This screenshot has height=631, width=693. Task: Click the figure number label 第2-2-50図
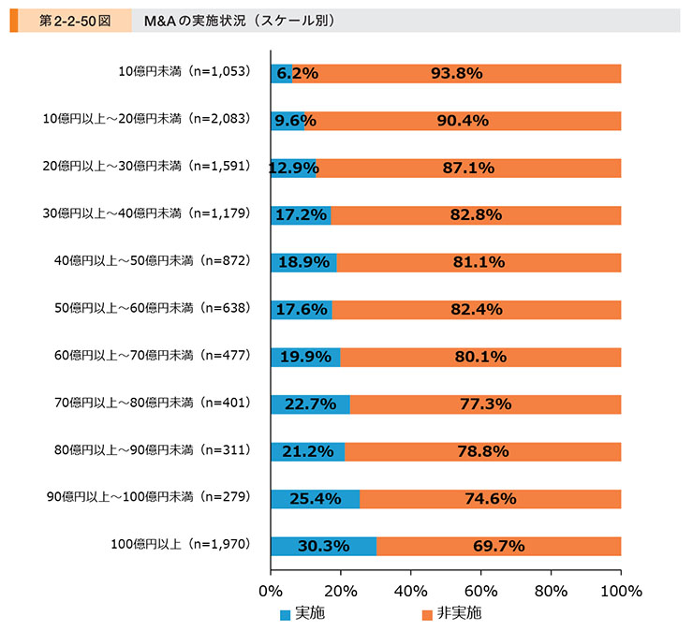[70, 20]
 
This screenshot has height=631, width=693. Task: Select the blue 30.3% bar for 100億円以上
[323, 546]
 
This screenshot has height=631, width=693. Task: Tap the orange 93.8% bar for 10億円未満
[457, 73]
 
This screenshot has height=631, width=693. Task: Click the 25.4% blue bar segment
[315, 498]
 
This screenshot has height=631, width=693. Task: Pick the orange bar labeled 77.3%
[485, 404]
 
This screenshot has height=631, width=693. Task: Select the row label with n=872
[150, 262]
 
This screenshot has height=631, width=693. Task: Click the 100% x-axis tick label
[621, 592]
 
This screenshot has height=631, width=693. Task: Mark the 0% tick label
[270, 592]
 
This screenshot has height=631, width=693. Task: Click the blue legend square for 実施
[287, 615]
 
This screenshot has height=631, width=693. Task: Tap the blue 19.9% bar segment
[305, 357]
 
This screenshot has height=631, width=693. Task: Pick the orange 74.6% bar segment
[491, 498]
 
